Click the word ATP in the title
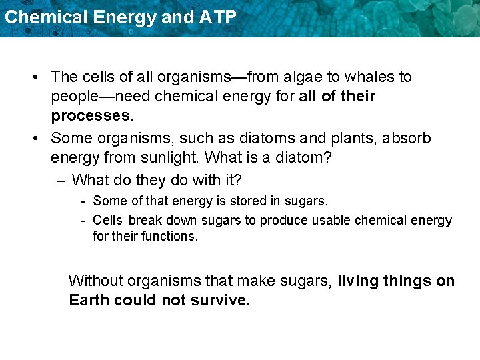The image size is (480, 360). (218, 17)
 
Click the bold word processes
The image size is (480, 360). (91, 115)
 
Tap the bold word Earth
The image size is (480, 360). (89, 301)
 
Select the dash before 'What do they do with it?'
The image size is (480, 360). (61, 180)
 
